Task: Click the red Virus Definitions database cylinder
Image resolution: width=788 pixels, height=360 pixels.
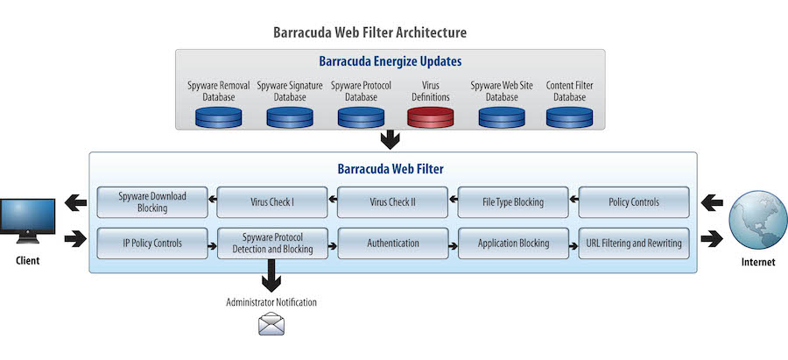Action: click(x=430, y=116)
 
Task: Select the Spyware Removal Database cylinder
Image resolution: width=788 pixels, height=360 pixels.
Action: click(x=219, y=116)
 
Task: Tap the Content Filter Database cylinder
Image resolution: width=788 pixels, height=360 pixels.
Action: click(x=569, y=116)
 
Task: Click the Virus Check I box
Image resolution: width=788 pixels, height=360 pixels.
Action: click(x=272, y=202)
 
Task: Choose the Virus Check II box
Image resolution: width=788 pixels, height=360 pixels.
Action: click(x=392, y=202)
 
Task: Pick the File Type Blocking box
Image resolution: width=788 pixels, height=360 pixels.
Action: click(x=513, y=202)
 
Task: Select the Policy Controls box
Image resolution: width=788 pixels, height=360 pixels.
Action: click(x=634, y=202)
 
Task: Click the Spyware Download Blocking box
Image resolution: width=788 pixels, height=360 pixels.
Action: click(x=152, y=202)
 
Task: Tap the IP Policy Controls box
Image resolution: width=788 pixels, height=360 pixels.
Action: click(x=152, y=244)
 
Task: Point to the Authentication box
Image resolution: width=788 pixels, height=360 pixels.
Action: click(x=392, y=244)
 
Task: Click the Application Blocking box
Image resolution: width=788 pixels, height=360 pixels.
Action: click(x=513, y=244)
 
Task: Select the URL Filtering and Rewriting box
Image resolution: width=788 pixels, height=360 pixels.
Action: click(x=634, y=244)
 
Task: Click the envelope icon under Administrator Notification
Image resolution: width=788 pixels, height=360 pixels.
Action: click(x=271, y=324)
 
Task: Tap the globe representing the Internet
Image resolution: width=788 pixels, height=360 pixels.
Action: click(x=758, y=220)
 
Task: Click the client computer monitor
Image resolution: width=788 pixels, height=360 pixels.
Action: click(x=27, y=221)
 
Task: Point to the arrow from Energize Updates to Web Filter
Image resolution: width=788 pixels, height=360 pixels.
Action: click(x=390, y=140)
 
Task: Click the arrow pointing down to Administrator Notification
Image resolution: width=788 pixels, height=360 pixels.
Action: click(x=271, y=276)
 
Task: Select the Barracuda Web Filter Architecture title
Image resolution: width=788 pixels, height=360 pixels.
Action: click(x=369, y=32)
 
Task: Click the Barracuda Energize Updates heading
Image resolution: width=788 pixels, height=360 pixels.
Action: click(x=390, y=61)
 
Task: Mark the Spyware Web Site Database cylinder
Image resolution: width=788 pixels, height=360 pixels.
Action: click(x=502, y=116)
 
